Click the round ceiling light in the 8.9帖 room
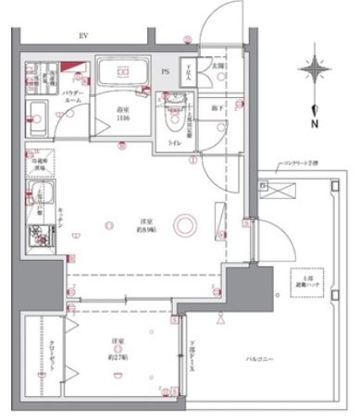tap(186, 223)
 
